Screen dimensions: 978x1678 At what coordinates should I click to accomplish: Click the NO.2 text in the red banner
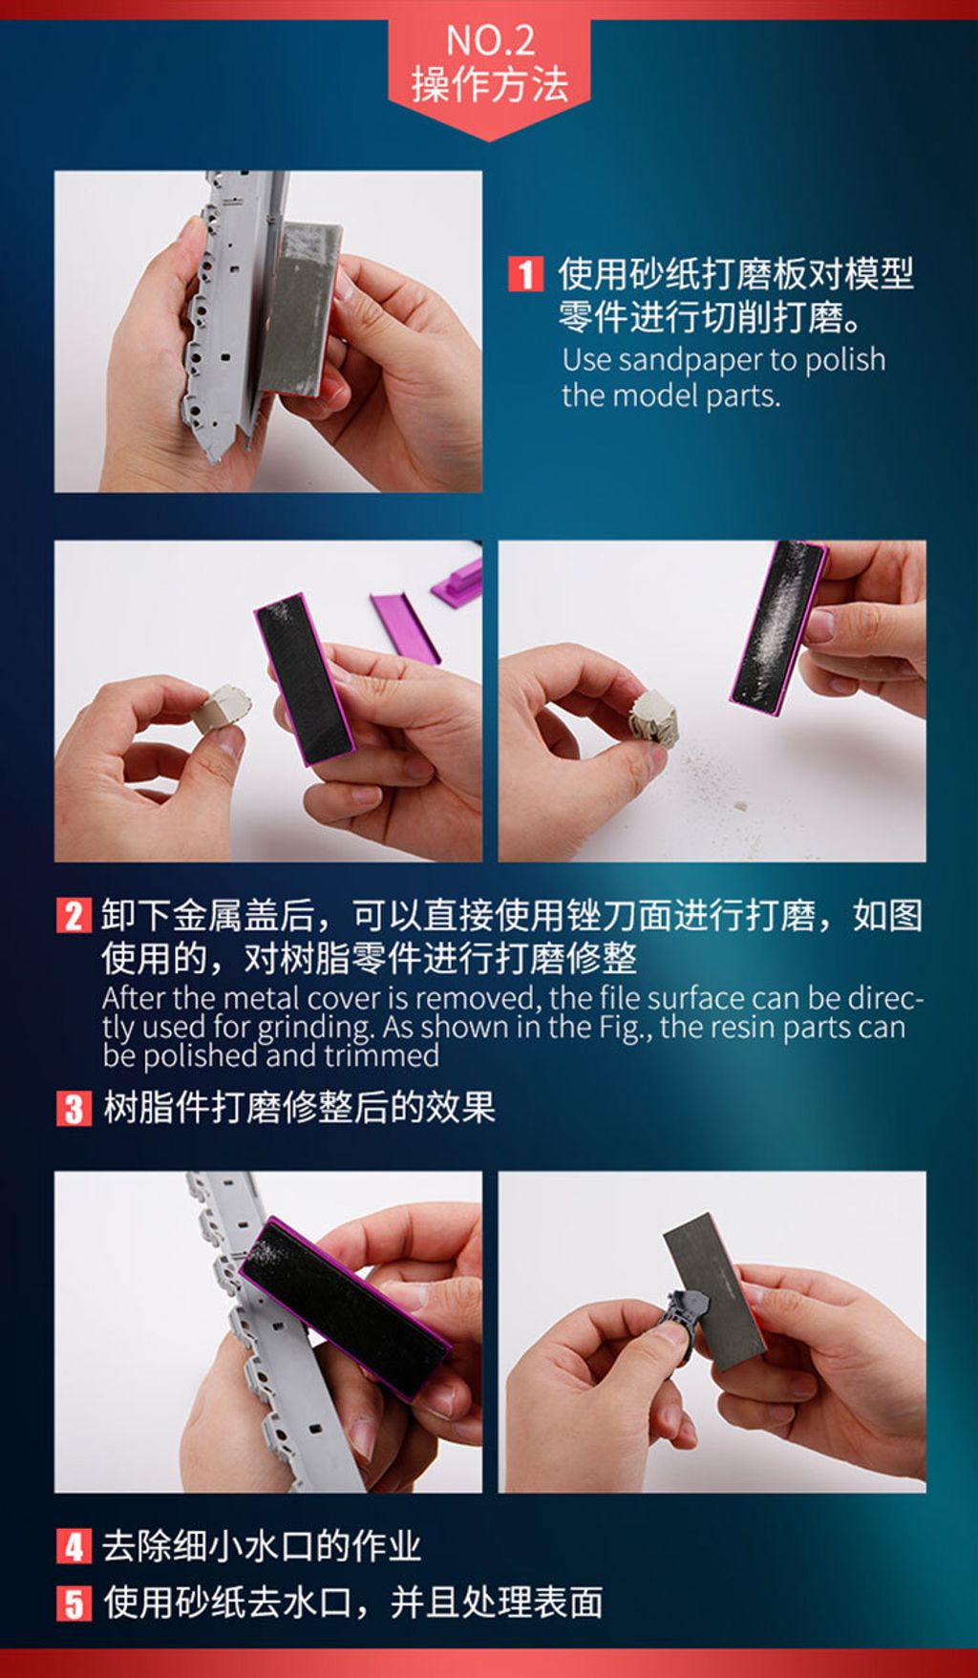[x=490, y=40]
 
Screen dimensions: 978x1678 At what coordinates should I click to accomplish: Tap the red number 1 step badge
[x=524, y=274]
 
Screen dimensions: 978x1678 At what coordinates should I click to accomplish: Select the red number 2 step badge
[x=74, y=916]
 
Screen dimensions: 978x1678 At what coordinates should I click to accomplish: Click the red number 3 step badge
[x=74, y=1109]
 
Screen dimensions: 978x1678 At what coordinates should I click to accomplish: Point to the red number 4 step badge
[x=74, y=1546]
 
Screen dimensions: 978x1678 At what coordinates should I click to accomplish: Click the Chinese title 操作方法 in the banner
[x=490, y=84]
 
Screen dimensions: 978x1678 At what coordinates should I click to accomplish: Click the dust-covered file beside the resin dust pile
[x=778, y=627]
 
